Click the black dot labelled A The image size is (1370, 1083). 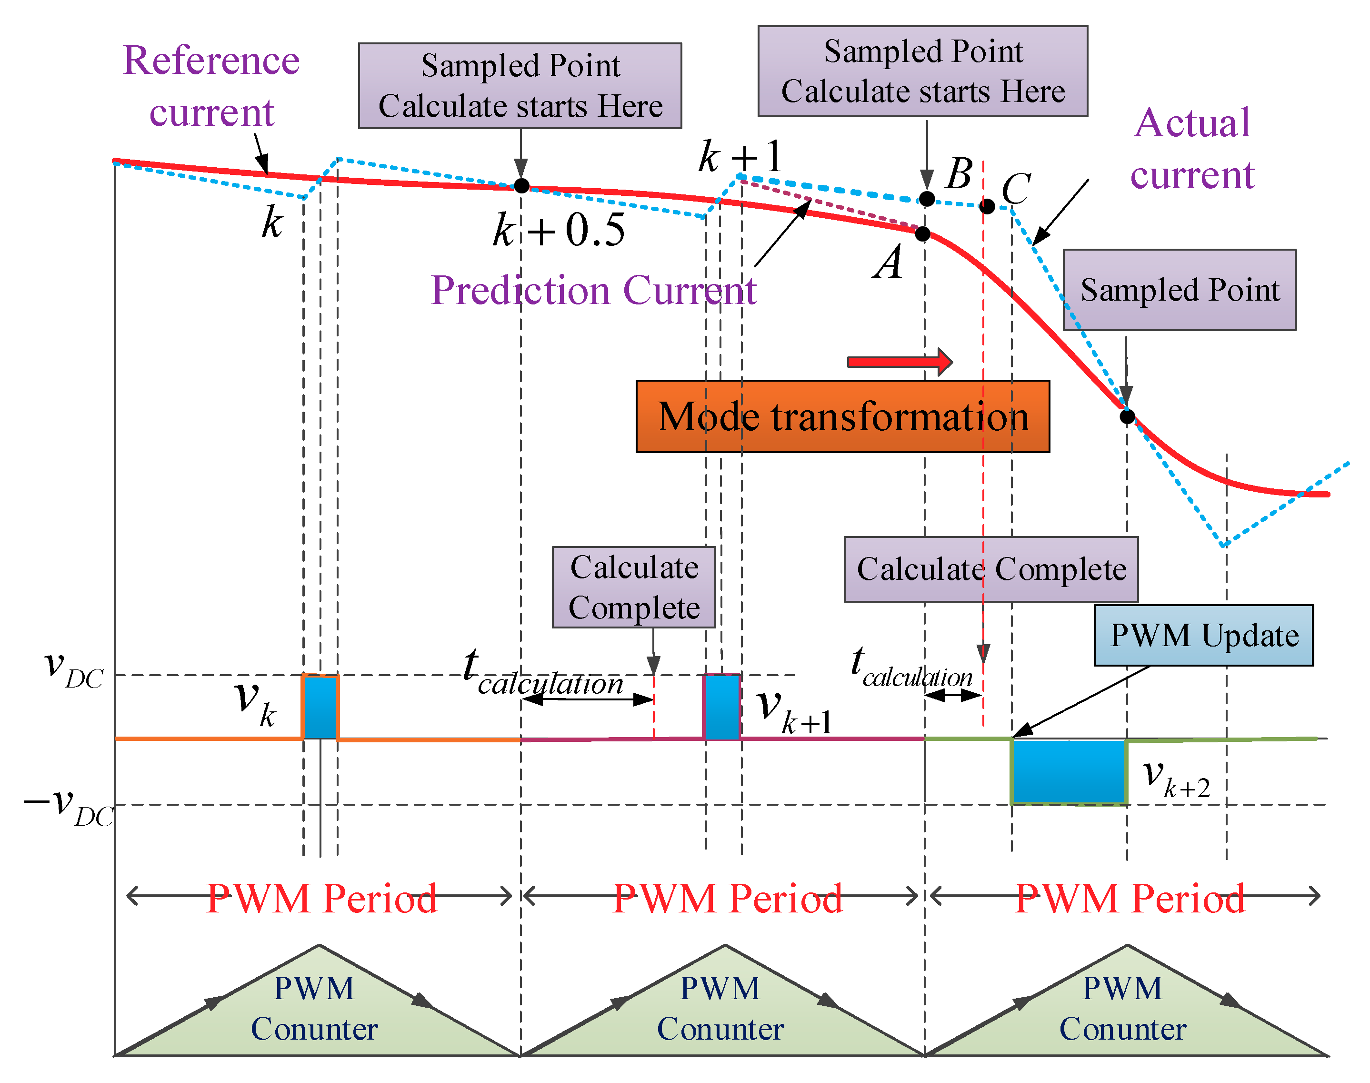(923, 233)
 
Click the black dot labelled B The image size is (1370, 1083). (927, 199)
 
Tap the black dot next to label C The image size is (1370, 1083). (987, 206)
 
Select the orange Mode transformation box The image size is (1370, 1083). (842, 416)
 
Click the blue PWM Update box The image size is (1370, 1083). (1203, 635)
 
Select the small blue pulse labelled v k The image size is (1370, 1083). (320, 707)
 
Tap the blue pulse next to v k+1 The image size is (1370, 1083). (722, 707)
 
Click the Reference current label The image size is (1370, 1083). (211, 86)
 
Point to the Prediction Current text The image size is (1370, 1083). (593, 291)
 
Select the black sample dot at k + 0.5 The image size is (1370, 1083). (521, 186)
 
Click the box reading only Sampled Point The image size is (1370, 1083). (1179, 290)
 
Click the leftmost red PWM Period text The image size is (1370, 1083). (321, 898)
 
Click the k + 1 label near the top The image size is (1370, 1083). (740, 157)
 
